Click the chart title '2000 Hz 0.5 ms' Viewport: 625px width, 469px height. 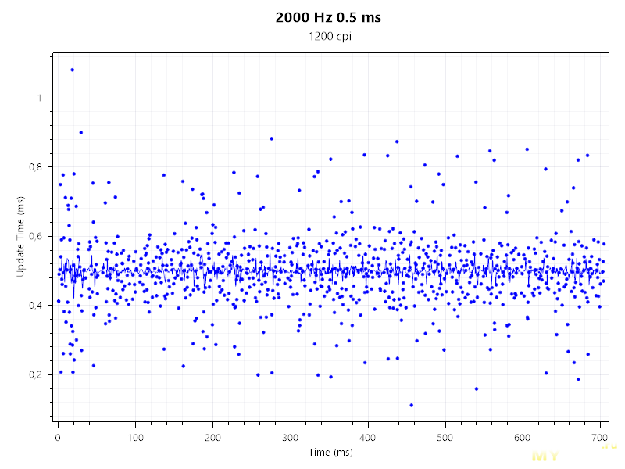(328, 17)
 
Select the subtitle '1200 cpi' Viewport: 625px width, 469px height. (328, 36)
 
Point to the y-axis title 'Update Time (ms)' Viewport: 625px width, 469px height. (20, 238)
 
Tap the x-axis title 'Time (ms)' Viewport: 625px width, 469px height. (330, 453)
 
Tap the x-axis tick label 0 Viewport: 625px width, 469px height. (58, 436)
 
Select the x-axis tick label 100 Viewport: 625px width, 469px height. (135, 436)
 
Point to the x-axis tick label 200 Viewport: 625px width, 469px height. (212, 436)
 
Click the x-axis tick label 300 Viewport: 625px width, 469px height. (291, 436)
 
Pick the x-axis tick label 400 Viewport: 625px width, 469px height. (368, 436)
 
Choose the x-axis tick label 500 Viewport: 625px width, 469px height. (445, 436)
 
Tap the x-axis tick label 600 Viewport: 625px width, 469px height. (523, 436)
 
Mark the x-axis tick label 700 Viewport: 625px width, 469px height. (600, 436)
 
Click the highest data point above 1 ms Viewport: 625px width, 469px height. (72, 70)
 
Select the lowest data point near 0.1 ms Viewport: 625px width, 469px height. (411, 405)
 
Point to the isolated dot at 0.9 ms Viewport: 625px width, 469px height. (80, 132)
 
